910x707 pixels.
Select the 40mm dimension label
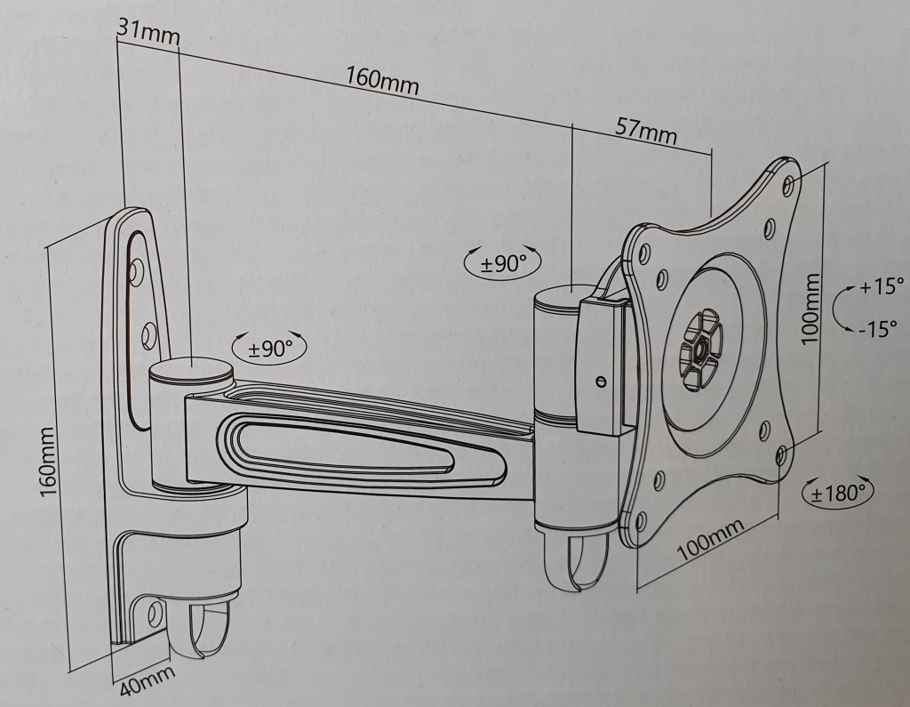pyautogui.click(x=148, y=680)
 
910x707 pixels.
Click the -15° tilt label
pyautogui.click(x=879, y=329)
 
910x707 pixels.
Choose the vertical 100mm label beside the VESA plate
pyautogui.click(x=810, y=309)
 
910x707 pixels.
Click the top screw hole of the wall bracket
pyautogui.click(x=137, y=270)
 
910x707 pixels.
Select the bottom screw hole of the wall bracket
pyautogui.click(x=156, y=614)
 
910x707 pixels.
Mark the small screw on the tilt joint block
pyautogui.click(x=601, y=382)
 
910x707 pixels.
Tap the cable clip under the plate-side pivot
pyautogui.click(x=575, y=562)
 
